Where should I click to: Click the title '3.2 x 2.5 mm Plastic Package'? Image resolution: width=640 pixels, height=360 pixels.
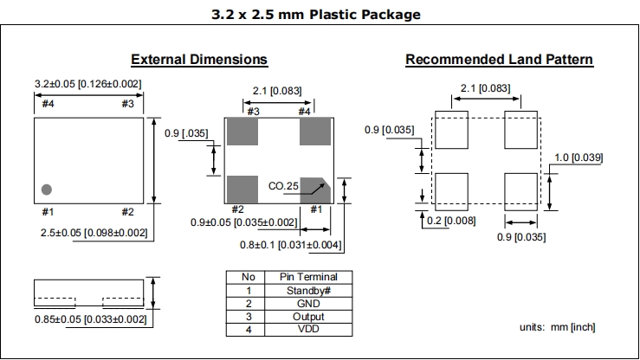[316, 15]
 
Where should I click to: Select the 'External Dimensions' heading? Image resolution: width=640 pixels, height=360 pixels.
[198, 60]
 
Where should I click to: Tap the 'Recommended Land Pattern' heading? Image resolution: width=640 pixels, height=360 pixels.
[499, 60]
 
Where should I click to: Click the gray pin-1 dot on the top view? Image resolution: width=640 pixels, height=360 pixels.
[47, 189]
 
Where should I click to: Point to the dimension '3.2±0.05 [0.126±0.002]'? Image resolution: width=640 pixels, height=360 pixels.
[88, 84]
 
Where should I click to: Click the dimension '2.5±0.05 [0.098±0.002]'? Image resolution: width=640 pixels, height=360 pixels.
[94, 233]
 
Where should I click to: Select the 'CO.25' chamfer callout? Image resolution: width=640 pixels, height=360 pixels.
[283, 186]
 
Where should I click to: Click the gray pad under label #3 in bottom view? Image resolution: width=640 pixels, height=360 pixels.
[242, 132]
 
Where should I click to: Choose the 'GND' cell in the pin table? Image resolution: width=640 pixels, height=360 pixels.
[309, 304]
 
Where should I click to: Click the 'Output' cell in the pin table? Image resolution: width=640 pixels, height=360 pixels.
[309, 317]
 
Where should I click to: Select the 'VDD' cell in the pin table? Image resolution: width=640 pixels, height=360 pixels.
[309, 330]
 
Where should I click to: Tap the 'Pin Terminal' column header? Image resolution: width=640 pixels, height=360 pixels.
[309, 277]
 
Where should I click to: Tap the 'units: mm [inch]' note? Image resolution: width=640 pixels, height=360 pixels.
[556, 326]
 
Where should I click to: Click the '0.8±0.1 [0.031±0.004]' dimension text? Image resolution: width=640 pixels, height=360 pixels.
[290, 246]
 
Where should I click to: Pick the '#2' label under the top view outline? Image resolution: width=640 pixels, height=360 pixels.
[127, 212]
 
